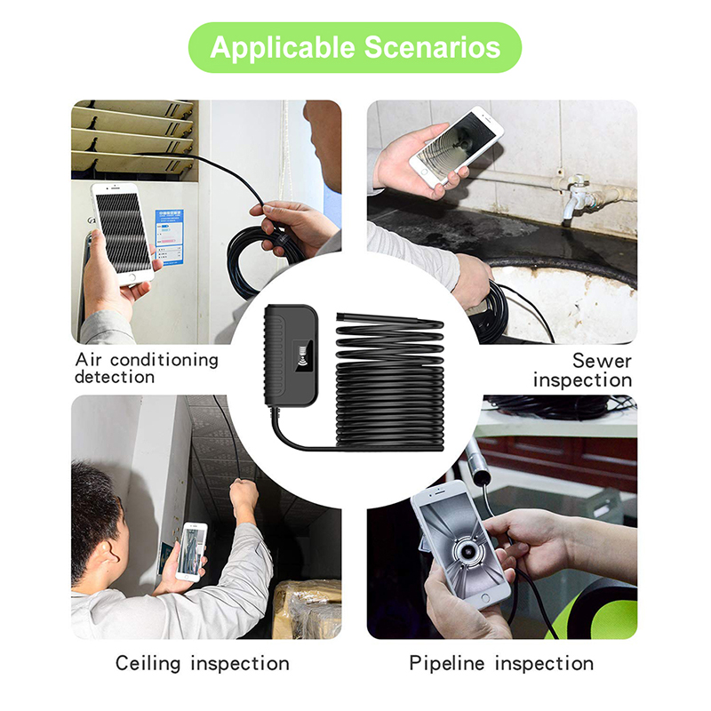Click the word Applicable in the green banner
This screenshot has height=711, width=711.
(282, 48)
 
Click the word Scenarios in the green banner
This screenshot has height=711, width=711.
(432, 47)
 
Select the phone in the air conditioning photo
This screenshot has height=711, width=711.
(122, 235)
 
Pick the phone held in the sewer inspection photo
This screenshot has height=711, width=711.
(456, 146)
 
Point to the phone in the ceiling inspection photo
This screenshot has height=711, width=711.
(191, 552)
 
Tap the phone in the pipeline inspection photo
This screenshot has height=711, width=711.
(461, 545)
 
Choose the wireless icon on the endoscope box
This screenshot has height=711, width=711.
(304, 355)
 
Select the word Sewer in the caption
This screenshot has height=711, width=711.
(602, 361)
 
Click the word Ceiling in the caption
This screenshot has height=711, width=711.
(148, 663)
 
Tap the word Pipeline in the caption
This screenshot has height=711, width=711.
(447, 663)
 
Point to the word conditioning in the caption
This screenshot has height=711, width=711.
(164, 360)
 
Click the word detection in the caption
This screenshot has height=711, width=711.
(115, 377)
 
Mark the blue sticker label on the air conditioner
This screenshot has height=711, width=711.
(169, 236)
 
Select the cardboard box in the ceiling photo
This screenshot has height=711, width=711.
(307, 609)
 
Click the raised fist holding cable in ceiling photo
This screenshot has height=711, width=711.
(243, 493)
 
